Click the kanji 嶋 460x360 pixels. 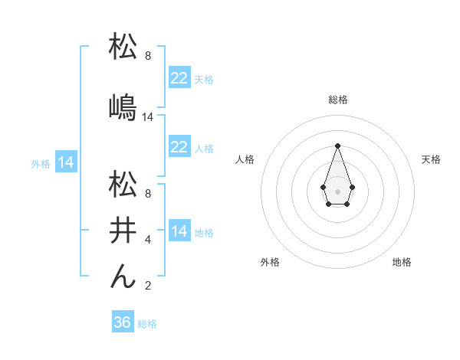pos(123,107)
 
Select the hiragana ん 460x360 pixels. pos(123,276)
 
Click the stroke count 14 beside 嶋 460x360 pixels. pos(148,117)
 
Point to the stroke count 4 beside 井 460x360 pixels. pos(148,240)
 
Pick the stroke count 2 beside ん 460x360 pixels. pos(148,286)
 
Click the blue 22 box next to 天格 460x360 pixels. pos(179,78)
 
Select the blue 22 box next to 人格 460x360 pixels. pos(179,147)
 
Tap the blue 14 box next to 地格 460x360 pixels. pos(179,231)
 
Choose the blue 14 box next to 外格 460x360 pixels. pos(65,162)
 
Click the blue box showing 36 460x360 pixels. pos(122,322)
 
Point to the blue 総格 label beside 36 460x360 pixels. pos(147,324)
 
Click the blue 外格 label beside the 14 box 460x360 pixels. pos(41,163)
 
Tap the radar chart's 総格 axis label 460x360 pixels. pos(337,100)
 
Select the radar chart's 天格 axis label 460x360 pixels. pos(431,159)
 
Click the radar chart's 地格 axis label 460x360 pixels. pos(402,262)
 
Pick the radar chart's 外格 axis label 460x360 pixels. pos(271,262)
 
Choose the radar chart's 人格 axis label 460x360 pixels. pos(245,159)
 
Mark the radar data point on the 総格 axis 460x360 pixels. pos(337,146)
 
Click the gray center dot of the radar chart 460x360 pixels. pos(337,190)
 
